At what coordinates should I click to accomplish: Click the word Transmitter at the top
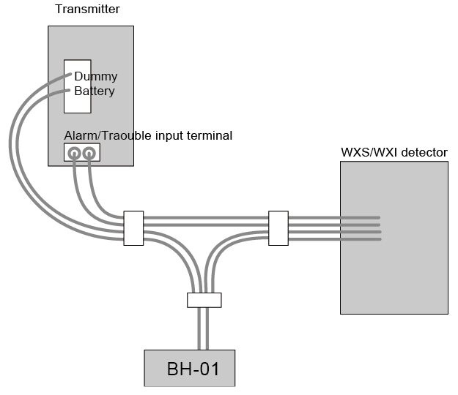point(87,10)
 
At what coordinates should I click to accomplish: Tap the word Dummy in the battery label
point(95,76)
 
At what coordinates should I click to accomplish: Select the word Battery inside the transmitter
point(95,91)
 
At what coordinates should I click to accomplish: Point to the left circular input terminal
point(74,153)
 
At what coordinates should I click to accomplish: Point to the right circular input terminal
point(89,153)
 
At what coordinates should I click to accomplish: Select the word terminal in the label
point(210,135)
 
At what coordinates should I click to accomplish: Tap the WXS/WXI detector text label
point(394,152)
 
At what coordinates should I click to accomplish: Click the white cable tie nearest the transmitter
point(133,228)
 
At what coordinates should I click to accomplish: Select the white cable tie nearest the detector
point(278,228)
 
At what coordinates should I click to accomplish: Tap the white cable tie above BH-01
point(204,300)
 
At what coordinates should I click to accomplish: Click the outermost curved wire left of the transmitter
point(12,146)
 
